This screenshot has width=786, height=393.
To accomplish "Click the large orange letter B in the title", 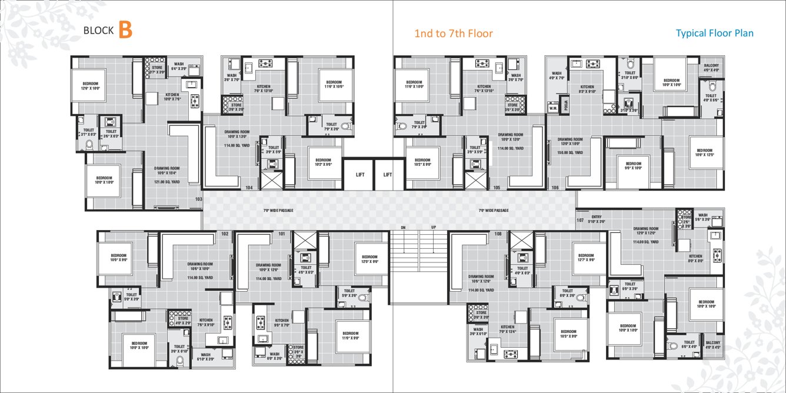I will (125, 30).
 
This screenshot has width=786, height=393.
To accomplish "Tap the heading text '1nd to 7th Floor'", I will (453, 34).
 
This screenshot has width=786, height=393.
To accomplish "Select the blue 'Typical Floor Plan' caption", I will (714, 34).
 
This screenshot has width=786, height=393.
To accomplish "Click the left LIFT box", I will (359, 175).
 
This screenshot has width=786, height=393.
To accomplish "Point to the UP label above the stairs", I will (434, 227).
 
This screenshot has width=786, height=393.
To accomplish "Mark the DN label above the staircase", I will (403, 227).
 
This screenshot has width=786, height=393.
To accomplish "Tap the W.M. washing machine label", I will (552, 108).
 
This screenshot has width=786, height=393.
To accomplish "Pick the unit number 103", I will (198, 199).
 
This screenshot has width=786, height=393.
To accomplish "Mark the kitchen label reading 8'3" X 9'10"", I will (587, 89).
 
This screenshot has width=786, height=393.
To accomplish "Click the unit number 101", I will (282, 234).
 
